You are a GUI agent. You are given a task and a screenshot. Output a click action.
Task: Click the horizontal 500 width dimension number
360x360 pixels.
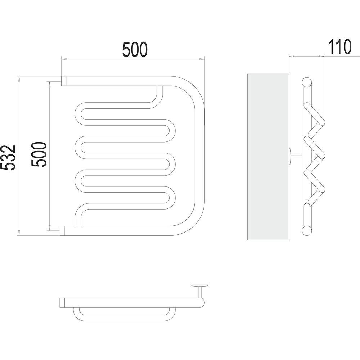[x=135, y=49]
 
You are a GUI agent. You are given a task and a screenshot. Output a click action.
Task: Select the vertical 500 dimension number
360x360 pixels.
[x=39, y=154]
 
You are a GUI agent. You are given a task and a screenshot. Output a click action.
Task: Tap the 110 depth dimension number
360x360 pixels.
[x=339, y=47]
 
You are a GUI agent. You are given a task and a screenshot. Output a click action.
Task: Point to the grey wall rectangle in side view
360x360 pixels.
[x=268, y=157]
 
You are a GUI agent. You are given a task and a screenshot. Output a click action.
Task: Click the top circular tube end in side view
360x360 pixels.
[x=307, y=82]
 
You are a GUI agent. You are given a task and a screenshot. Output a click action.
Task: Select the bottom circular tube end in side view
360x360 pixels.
[x=307, y=230]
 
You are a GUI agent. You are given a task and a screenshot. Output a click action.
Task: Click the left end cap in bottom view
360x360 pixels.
[x=62, y=302]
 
